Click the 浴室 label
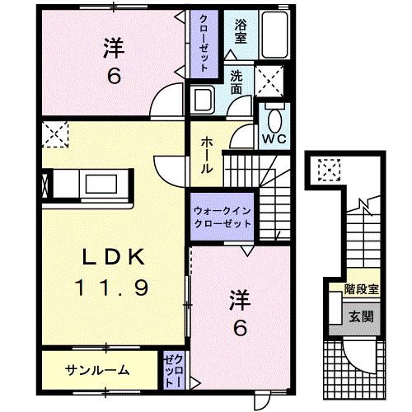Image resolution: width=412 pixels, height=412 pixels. (x=241, y=30)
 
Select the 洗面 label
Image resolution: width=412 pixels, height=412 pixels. (x=237, y=81)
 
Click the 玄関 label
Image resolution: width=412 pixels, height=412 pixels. (x=358, y=316)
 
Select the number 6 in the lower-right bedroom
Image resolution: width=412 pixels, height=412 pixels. (x=239, y=328)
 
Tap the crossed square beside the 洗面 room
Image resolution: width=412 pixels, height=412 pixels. (x=269, y=80)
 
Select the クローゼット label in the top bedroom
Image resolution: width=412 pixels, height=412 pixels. (x=202, y=42)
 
